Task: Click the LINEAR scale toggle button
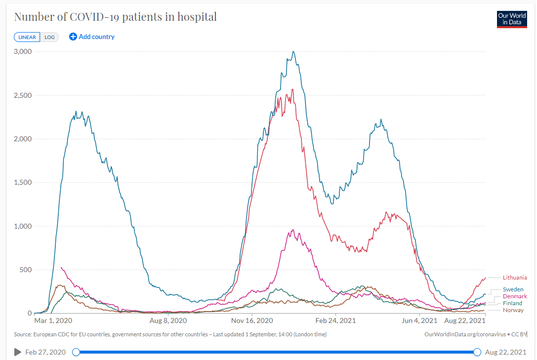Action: click(27, 37)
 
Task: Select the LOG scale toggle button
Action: click(49, 37)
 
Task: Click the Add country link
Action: click(92, 37)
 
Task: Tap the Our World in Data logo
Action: click(512, 19)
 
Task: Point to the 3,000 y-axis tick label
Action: click(23, 51)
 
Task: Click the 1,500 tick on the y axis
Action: click(23, 182)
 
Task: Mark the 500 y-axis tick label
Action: click(25, 270)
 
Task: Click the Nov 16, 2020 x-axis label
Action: click(252, 320)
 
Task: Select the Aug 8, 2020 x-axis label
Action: click(168, 320)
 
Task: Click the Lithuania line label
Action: click(515, 278)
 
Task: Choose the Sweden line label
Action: click(513, 289)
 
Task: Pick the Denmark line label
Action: click(515, 296)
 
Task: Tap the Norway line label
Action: click(513, 310)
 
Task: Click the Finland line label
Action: click(512, 303)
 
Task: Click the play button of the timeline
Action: click(18, 352)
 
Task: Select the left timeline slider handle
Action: click(76, 352)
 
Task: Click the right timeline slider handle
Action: click(477, 352)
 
